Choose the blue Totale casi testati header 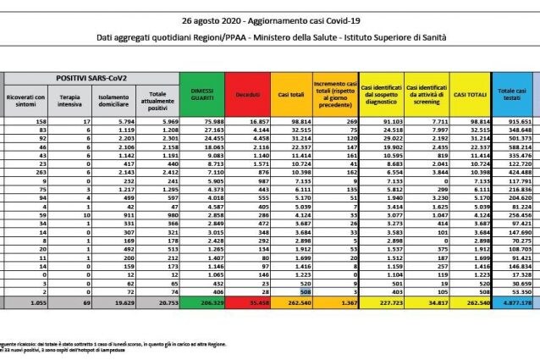[x=512, y=99]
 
